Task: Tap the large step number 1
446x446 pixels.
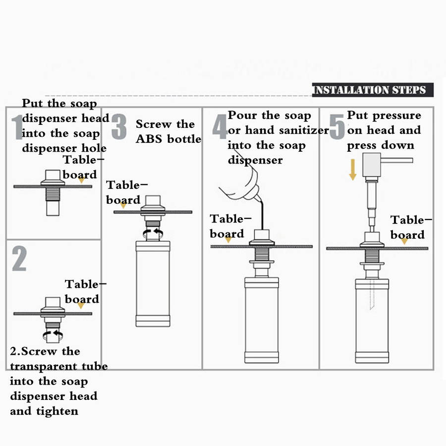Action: (x=17, y=127)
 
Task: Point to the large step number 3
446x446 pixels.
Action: (x=119, y=127)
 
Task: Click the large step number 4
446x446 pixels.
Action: (x=220, y=127)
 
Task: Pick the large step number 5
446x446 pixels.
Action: (x=337, y=127)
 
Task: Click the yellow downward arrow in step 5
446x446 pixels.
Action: (x=352, y=168)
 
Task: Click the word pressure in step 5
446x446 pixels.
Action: (x=396, y=115)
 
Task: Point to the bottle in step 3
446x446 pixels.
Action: (x=153, y=282)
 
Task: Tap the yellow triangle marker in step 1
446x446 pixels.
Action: (x=81, y=181)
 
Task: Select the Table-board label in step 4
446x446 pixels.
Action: (x=227, y=226)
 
